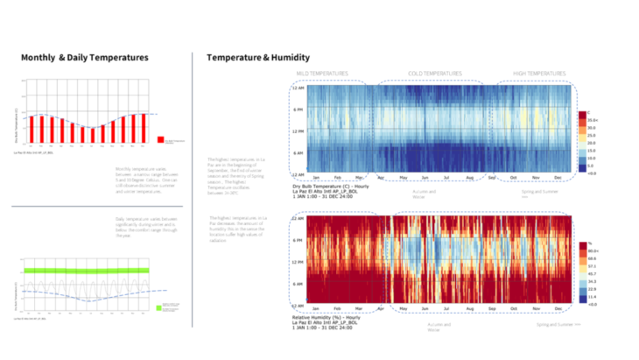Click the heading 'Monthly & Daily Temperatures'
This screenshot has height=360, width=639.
point(85,58)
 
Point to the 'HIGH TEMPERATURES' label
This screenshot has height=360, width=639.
point(539,74)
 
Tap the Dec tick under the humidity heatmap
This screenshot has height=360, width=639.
point(559,308)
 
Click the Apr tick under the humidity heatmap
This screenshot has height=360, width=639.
point(380,308)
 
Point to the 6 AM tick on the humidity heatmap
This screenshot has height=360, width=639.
point(298,282)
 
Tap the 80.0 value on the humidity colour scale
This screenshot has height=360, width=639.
point(591,250)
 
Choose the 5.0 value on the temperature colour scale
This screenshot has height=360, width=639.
point(591,165)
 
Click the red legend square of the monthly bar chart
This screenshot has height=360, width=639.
point(160,138)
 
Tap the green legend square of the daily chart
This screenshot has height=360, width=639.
point(159,307)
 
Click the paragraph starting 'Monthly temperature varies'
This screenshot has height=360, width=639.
point(145,177)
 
